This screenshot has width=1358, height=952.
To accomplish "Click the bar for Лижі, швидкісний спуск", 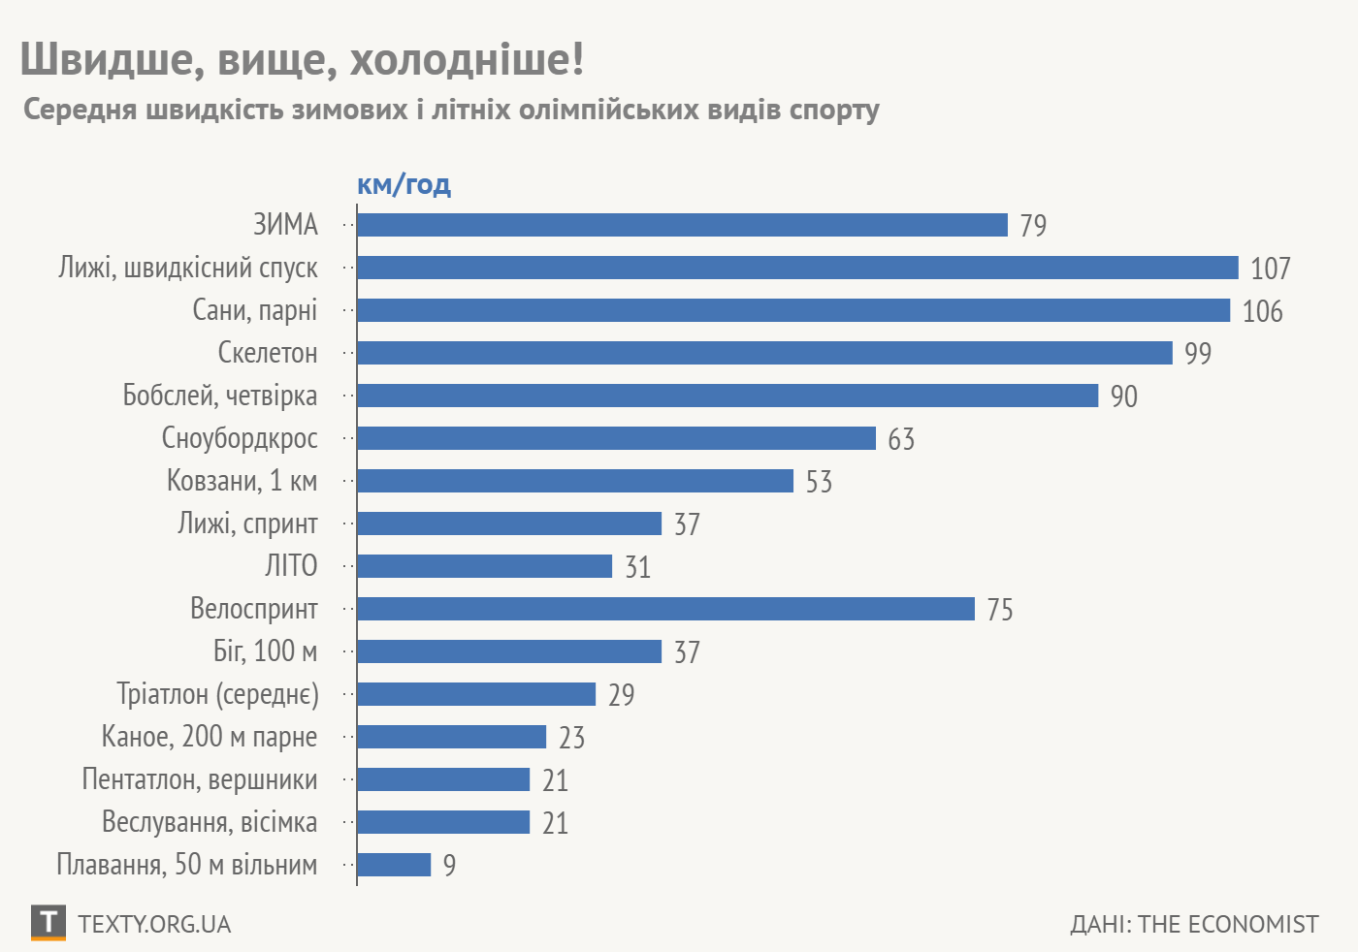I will click(797, 268).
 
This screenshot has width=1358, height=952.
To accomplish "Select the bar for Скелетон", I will click(764, 353).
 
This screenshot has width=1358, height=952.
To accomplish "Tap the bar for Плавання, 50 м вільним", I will click(394, 865).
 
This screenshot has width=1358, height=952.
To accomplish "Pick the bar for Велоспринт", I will click(665, 609).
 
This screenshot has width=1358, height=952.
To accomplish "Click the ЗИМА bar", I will click(682, 225).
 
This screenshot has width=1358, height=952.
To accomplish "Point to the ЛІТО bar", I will click(484, 566).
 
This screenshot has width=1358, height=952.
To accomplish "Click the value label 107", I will click(1270, 269).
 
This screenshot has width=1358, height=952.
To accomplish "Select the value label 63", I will click(901, 439).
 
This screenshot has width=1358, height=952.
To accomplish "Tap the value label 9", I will click(449, 866).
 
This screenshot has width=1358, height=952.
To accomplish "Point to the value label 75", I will click(1000, 610).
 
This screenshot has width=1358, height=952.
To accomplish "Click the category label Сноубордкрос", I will click(240, 438).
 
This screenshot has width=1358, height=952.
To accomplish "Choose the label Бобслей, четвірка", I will click(220, 396).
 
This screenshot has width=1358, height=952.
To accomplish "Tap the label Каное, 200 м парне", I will click(210, 737).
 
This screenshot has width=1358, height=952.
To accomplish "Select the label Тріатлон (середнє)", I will click(217, 694).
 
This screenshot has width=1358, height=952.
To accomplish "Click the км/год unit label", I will click(404, 184).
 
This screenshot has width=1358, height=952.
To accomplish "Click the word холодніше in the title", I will click(467, 59).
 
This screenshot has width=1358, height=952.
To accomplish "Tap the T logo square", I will click(48, 923).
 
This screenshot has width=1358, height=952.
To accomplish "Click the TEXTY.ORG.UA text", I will click(154, 924).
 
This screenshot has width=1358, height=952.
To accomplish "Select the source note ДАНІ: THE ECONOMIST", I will click(1194, 924).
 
